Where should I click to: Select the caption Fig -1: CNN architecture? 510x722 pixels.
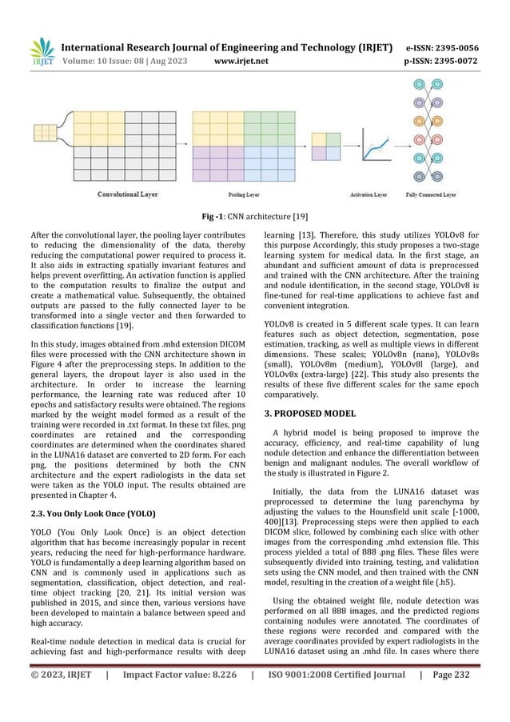(254, 215)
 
